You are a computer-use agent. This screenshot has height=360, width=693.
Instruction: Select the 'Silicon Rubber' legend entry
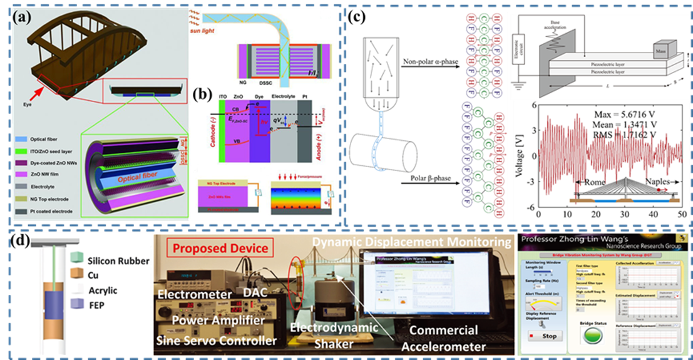tap(109, 259)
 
